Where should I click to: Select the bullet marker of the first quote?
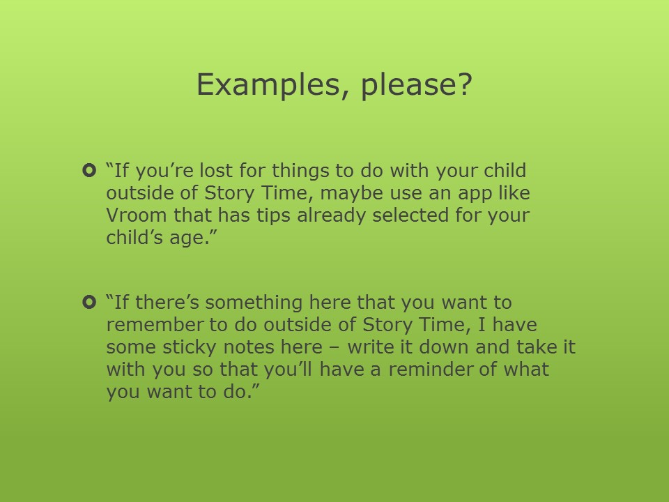tap(89, 171)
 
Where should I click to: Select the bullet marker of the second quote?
tap(89, 302)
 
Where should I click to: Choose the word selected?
tap(410, 215)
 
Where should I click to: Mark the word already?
tap(331, 216)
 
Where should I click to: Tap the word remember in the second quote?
tap(156, 325)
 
